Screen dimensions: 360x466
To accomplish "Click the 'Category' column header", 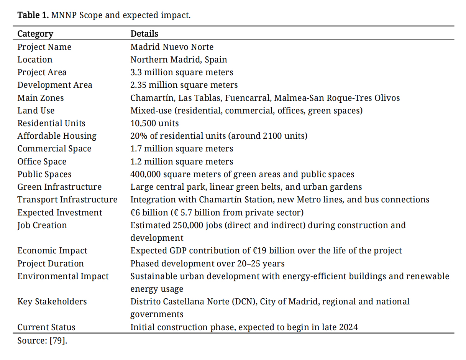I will coord(35,34).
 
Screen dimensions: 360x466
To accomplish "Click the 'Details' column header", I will coord(144,34).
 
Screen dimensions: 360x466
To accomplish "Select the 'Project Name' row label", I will coord(44,47).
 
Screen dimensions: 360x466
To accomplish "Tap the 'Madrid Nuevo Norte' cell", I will coord(172,47).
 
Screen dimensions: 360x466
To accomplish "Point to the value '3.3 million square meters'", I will coord(181,72).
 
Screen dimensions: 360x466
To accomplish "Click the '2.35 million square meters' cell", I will coord(184,85).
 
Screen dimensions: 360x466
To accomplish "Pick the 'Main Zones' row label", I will coord(40,98).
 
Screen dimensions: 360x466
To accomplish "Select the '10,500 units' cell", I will coord(154,123).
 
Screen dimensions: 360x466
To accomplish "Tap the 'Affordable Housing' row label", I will coord(57,136).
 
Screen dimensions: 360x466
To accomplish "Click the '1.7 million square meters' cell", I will coord(181,149).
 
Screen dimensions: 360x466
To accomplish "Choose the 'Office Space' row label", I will coord(42,162).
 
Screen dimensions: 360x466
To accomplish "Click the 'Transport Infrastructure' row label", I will coord(67,200).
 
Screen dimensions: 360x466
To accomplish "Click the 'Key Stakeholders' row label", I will coord(52,302).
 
